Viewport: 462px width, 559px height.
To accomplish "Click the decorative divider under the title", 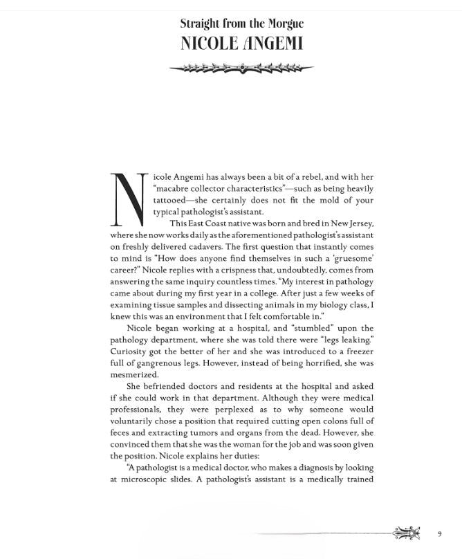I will pyautogui.click(x=241, y=68).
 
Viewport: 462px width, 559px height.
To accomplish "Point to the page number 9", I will pyautogui.click(x=440, y=533).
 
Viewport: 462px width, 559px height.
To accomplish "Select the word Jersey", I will pyautogui.click(x=358, y=223).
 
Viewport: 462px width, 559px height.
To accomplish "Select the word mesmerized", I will pyautogui.click(x=134, y=375).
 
